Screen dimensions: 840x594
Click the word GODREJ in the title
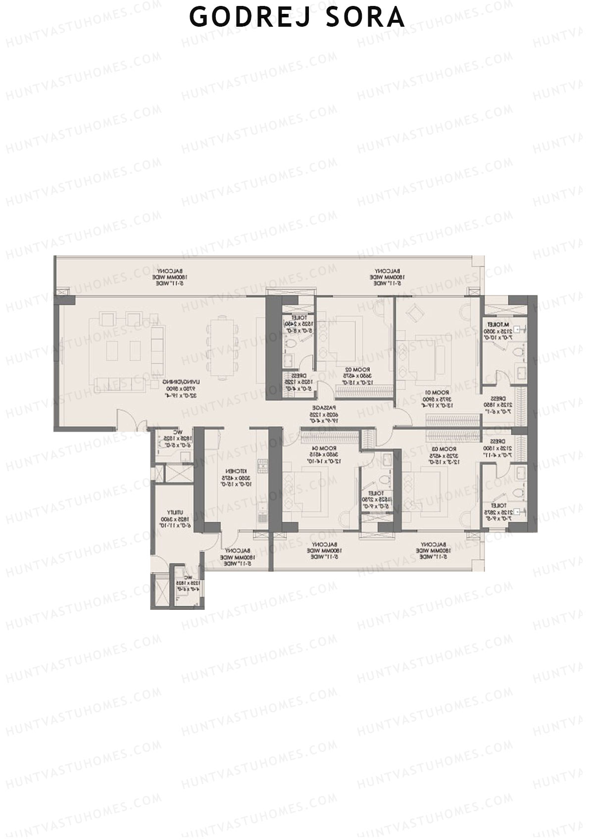coord(238,17)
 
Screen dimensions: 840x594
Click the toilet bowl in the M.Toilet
coord(518,352)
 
